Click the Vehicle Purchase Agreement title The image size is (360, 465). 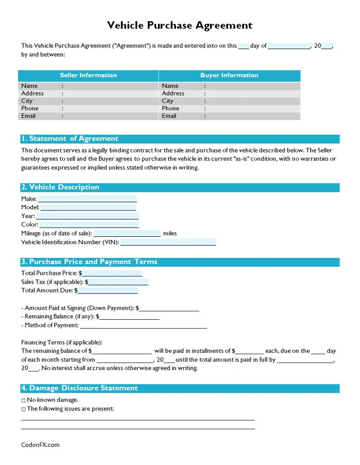pos(180,25)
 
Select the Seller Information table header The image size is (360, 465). pos(88,76)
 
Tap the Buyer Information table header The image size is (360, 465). pos(229,76)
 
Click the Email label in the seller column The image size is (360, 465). pos(28,116)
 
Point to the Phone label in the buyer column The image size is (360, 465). pos(170,109)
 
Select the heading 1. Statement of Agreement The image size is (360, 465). pos(70,139)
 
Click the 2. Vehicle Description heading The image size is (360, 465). pos(60,187)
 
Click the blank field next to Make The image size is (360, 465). pos(87,199)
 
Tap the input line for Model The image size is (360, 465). pos(88,208)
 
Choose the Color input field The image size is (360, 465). pos(89,225)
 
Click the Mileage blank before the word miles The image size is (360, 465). pos(127,234)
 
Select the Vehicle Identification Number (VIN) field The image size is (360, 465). pos(168,242)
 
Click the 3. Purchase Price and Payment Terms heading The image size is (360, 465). pos(89,262)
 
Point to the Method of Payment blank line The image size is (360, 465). pos(143,326)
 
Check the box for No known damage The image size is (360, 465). pos(23,400)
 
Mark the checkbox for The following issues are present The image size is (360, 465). pos(23,409)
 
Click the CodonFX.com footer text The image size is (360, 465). pos(40,445)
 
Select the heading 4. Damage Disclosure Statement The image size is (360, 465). pos(79,388)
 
